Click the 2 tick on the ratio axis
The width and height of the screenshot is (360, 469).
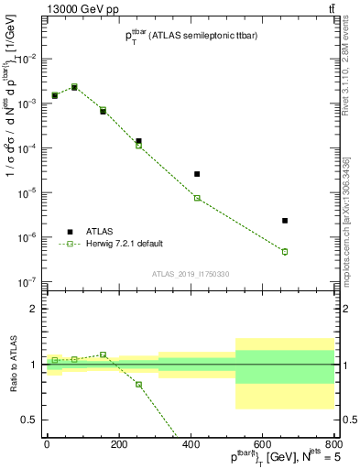tap(35, 309)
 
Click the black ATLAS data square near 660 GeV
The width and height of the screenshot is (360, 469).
tap(285, 221)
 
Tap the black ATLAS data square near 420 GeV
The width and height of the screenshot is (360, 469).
tap(197, 174)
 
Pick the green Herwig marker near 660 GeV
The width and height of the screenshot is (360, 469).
tap(285, 252)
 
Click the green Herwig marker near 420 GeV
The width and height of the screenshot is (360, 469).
tap(197, 198)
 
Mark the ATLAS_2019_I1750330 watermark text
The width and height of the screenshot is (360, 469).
tap(191, 274)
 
